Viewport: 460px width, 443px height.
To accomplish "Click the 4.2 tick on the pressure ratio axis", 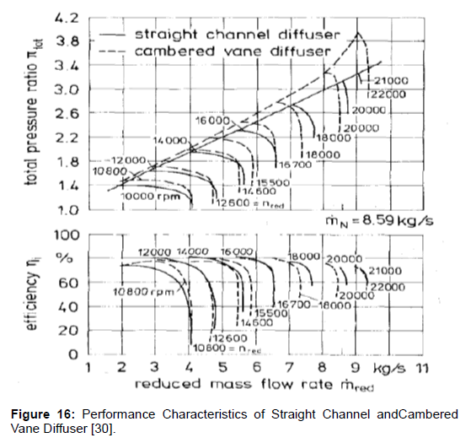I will [x=70, y=16].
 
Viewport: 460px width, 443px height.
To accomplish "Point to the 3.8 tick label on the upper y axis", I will [x=70, y=41].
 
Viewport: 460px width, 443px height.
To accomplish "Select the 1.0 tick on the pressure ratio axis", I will [x=70, y=210].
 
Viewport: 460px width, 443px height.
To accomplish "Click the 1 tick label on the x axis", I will [x=88, y=369].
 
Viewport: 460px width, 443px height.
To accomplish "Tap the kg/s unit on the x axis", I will [x=391, y=369].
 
